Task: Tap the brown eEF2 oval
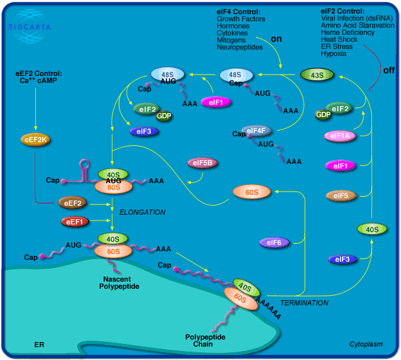[73, 203]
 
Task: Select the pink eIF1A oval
[341, 136]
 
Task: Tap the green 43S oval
[317, 76]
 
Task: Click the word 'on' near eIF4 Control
[276, 39]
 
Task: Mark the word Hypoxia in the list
[334, 54]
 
